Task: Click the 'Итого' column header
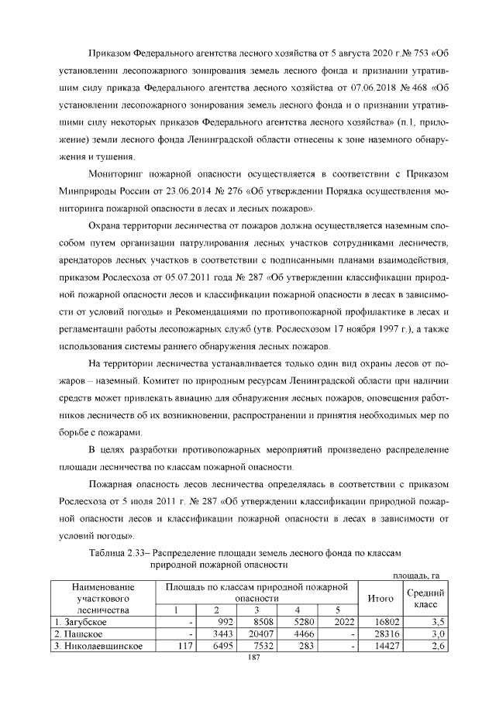pos(380,597)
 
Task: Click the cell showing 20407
pos(259,634)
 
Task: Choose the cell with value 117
pos(184,646)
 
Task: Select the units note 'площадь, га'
pos(419,575)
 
